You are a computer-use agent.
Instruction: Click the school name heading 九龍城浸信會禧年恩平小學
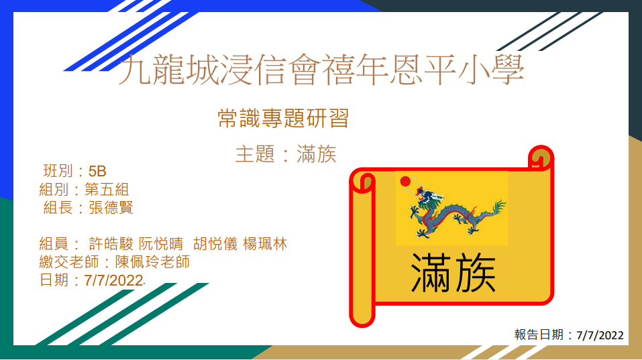[321, 70]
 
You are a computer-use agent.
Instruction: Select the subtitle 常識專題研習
[283, 118]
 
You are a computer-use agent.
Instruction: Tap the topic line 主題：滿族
[286, 154]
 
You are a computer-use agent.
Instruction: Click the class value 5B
[97, 171]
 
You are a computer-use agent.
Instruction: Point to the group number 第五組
[107, 190]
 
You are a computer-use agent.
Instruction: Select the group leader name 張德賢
[111, 207]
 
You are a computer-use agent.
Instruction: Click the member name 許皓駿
[111, 244]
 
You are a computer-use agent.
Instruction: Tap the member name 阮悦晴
[161, 244]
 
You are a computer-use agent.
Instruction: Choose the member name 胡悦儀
[215, 244]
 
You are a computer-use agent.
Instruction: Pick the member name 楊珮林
[265, 244]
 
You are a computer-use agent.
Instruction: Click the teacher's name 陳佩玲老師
[152, 262]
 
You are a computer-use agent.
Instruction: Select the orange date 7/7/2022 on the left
[114, 280]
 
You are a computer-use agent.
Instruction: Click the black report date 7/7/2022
[600, 335]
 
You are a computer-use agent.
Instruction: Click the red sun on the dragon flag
[405, 181]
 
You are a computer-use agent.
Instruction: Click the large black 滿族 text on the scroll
[453, 272]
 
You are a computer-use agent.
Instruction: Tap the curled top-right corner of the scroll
[541, 158]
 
